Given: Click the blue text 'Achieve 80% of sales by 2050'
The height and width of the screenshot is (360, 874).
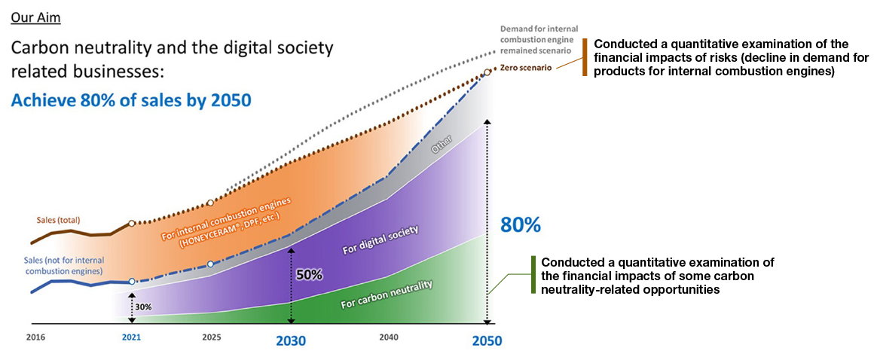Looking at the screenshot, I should (x=131, y=100).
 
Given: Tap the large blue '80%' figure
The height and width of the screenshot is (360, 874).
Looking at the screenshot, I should (x=521, y=224).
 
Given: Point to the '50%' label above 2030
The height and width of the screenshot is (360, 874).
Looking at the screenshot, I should (x=309, y=275).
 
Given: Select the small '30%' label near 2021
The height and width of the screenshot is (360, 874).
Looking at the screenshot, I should (x=144, y=307).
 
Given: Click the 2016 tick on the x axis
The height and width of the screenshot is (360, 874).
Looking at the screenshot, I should (x=35, y=337).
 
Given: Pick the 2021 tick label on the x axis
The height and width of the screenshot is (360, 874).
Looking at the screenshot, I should (x=132, y=337).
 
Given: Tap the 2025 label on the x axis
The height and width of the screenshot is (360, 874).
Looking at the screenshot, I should (x=212, y=337).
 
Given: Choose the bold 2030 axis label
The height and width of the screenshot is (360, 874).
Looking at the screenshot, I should (x=291, y=340).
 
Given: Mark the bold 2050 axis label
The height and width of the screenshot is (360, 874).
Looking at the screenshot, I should (x=487, y=340).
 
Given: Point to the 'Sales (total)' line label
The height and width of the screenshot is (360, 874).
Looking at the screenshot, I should (x=58, y=220).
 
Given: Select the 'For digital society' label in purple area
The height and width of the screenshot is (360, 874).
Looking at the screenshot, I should (x=380, y=239).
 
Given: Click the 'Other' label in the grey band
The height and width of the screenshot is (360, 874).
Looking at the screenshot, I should (x=440, y=147).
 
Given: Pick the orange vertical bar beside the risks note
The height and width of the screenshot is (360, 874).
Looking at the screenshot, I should (x=585, y=56).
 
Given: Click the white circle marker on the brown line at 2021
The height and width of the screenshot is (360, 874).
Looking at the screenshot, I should (x=132, y=224).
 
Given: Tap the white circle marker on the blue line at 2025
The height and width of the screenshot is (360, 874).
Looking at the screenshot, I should (x=210, y=264).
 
